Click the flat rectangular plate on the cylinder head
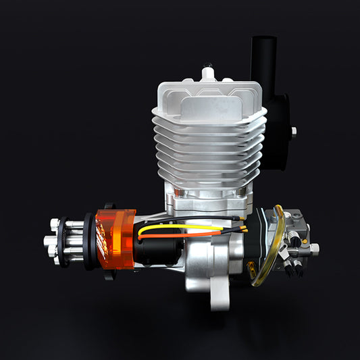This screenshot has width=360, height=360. coord(209,106)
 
